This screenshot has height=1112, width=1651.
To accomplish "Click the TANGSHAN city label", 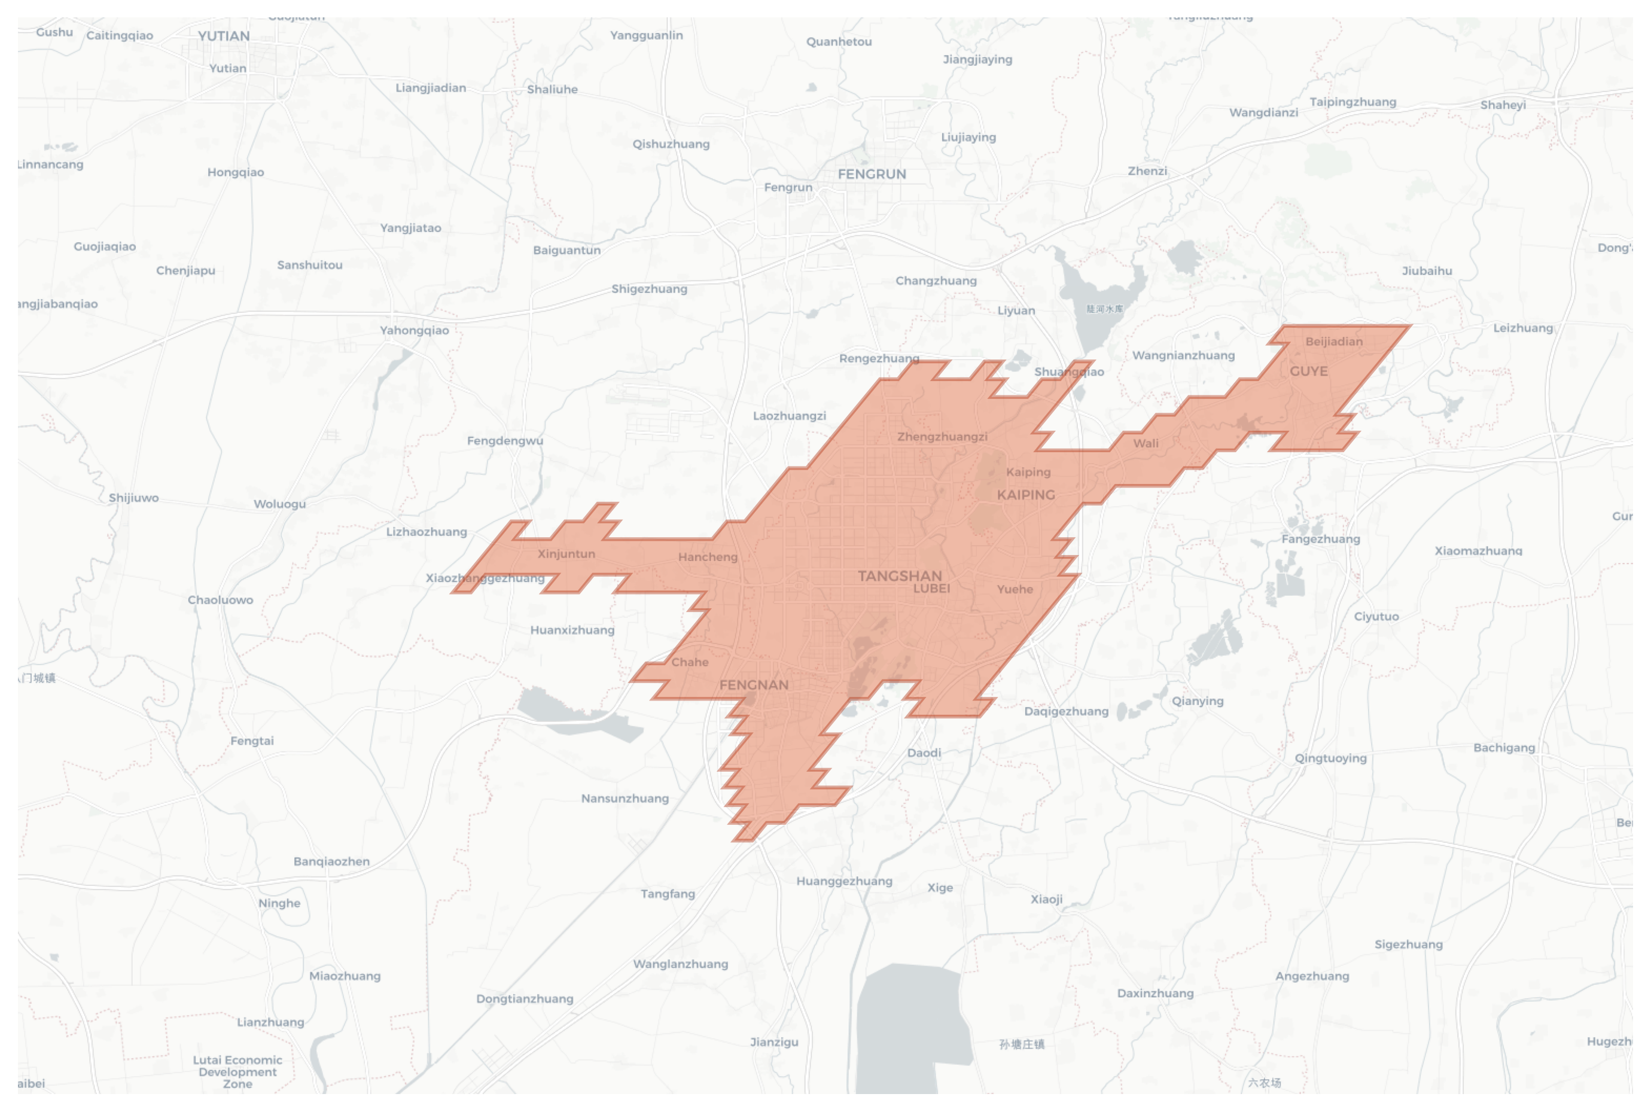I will tap(899, 576).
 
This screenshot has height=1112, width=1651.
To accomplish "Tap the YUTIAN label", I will tap(223, 36).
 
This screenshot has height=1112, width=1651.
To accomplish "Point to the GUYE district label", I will tap(1308, 371).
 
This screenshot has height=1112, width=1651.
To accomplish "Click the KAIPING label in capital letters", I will tap(1025, 495).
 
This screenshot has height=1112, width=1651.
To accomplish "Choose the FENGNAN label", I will tap(753, 685).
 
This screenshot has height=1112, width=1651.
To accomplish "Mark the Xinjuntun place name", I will tap(566, 554).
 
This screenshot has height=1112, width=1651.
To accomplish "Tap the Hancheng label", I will tap(707, 557).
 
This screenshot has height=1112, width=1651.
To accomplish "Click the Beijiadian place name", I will tap(1333, 342).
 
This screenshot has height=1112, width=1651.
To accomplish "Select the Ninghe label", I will tap(279, 903).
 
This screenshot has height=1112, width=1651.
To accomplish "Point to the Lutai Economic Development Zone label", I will tap(237, 1071).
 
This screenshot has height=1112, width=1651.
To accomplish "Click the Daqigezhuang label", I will tap(1066, 711).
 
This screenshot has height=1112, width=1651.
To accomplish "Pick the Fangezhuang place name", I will tap(1321, 539).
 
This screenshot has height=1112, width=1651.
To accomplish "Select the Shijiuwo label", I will tap(133, 498).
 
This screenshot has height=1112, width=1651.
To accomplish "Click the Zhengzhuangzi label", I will tap(942, 437).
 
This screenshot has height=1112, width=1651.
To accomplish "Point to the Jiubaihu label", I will tap(1426, 271).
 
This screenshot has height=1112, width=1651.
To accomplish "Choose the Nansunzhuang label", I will tap(625, 799).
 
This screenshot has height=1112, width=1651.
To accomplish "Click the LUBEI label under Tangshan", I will tap(931, 589).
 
